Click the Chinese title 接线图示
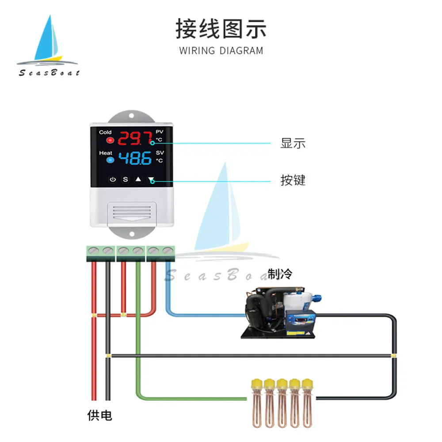point(221,29)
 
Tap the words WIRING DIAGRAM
point(221,50)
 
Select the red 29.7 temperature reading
point(134,139)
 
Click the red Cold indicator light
point(110,141)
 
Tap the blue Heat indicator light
point(110,160)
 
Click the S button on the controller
point(125,180)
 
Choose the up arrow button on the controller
point(138,180)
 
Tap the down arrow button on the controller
point(151,180)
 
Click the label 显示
point(293,143)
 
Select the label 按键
point(293,180)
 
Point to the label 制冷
point(279,274)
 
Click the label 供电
point(99,415)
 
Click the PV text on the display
point(160,132)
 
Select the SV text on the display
point(160,152)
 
